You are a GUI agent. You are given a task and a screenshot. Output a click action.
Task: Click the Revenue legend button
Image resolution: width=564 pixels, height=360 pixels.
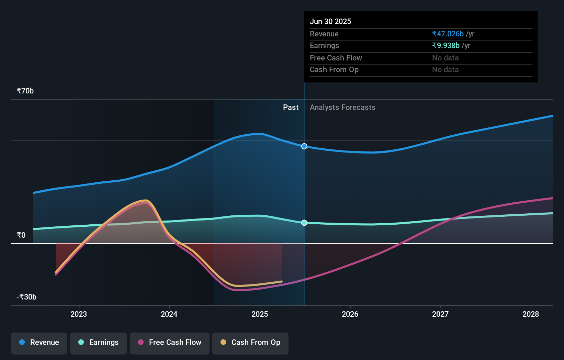tap(39, 342)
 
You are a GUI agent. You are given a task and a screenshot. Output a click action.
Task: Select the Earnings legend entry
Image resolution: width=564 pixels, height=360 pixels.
tap(99, 342)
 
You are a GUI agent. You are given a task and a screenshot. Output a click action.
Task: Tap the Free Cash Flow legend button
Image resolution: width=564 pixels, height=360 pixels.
tap(170, 342)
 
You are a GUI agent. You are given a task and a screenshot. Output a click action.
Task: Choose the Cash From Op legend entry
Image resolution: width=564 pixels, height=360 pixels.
tap(250, 342)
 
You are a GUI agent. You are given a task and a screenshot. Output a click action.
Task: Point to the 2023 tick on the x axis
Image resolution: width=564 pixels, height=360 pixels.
tap(79, 314)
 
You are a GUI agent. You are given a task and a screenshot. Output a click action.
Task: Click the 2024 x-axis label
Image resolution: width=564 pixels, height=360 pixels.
tap(169, 314)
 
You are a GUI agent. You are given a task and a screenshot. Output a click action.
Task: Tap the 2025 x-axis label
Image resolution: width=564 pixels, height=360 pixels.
tap(260, 314)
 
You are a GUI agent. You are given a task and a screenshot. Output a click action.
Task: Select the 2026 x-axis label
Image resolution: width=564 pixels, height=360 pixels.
tap(350, 314)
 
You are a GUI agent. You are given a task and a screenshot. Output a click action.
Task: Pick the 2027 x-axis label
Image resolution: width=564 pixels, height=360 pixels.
tap(440, 314)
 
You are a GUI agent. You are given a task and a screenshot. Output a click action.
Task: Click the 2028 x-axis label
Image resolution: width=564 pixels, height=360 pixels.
tap(531, 314)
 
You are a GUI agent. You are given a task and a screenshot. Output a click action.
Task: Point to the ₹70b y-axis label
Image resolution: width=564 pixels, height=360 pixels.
tap(25, 91)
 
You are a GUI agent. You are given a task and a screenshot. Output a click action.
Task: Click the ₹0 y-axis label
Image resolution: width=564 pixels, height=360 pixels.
tap(21, 235)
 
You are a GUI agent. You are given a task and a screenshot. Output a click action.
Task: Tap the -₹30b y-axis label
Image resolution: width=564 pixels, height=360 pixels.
tap(26, 297)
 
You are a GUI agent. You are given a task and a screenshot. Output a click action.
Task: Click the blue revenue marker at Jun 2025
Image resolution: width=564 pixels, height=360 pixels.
tap(304, 146)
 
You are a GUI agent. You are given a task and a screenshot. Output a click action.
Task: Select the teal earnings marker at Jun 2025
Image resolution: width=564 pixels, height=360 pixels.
tap(304, 223)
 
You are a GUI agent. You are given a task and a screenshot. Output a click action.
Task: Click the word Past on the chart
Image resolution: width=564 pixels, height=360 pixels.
tap(291, 108)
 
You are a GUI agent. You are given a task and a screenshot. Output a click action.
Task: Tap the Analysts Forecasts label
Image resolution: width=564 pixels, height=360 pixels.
tap(342, 108)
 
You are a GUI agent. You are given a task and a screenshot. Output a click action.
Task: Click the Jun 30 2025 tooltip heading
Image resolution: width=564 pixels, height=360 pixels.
tap(330, 22)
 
